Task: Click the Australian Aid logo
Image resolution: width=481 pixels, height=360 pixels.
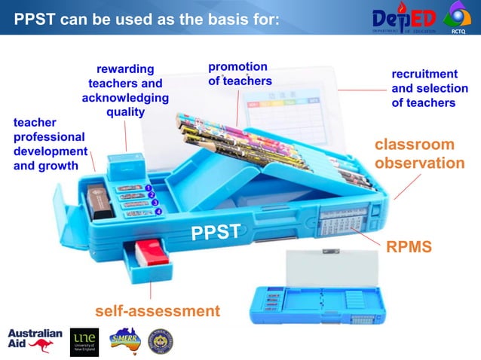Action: coord(35,341)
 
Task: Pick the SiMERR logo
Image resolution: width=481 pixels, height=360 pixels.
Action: coord(124,340)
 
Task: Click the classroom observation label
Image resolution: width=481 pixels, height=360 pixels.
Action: coord(415,154)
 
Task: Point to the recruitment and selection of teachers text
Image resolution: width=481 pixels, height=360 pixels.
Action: coord(424,88)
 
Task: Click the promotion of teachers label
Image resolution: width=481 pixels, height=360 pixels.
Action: coord(239,74)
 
